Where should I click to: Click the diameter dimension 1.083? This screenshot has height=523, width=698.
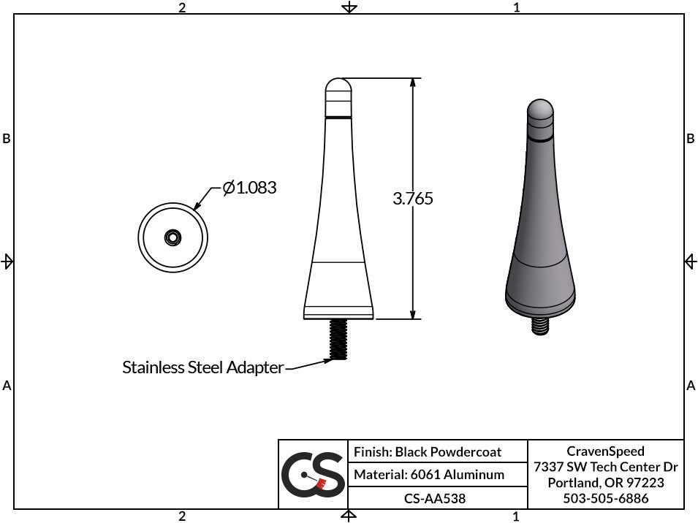click(249, 188)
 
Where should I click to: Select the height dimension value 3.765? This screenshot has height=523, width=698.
click(413, 198)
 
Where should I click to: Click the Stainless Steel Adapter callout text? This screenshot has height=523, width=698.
click(202, 367)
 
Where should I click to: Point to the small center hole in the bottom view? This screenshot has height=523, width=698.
click(173, 237)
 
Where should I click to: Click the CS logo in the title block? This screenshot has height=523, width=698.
click(313, 474)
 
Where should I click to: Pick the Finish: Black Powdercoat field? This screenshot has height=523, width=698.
click(428, 452)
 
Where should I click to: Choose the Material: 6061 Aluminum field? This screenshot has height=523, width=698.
click(429, 475)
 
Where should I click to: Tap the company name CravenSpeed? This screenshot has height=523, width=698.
click(605, 451)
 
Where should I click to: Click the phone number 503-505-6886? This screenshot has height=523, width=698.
click(605, 499)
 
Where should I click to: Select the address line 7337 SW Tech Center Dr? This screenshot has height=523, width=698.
click(605, 467)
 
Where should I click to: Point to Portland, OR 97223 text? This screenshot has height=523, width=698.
click(605, 483)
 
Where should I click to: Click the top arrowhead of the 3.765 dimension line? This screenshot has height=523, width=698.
click(414, 83)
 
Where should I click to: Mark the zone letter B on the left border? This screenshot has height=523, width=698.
click(7, 139)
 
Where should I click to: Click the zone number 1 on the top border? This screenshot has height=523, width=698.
click(516, 7)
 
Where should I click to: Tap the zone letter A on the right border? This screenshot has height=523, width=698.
click(691, 386)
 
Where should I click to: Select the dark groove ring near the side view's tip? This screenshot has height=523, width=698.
click(338, 117)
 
